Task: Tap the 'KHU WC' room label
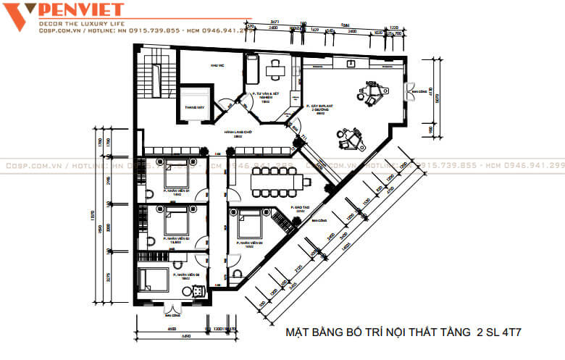(215, 66)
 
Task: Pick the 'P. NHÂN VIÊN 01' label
(176, 192)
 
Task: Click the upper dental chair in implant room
(369, 93)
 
